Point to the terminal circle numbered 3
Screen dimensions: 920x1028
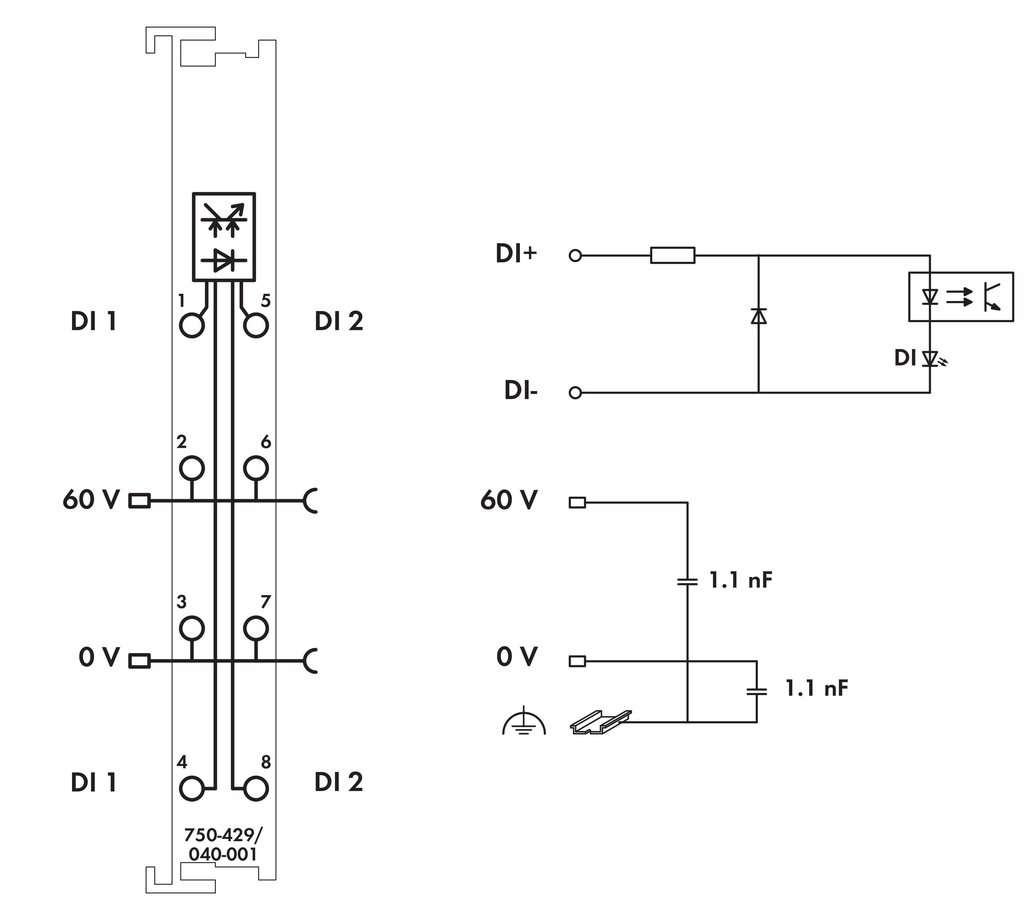(x=191, y=628)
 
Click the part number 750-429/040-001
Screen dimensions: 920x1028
(x=223, y=844)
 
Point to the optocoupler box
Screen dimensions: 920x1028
(x=961, y=297)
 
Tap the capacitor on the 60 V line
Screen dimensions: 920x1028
(x=687, y=581)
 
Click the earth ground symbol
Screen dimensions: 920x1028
(x=524, y=721)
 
